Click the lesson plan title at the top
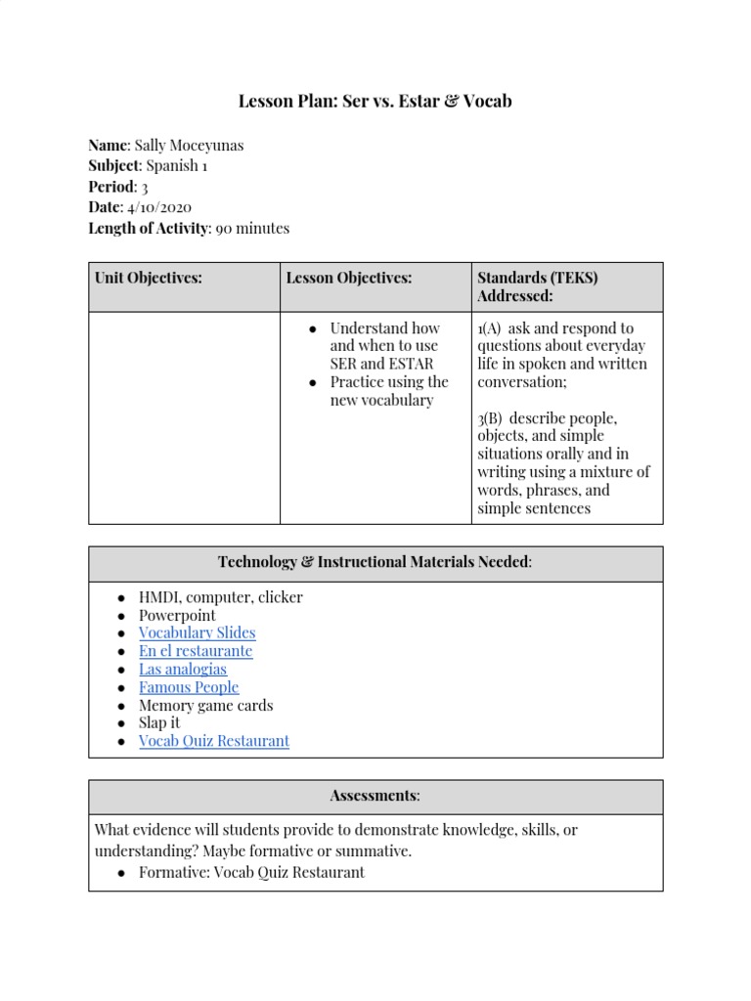coord(375,102)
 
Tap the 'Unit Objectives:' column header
coord(149,278)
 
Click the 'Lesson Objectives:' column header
coord(349,278)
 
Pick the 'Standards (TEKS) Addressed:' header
coord(537,286)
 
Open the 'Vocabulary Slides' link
coord(197,632)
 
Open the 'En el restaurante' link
coord(196,651)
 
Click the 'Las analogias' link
coord(183,670)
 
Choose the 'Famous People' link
coord(189,687)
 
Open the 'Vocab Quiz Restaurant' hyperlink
coord(214,741)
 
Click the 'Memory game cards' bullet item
coord(205,706)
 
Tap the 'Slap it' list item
coord(159,723)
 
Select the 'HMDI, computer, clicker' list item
coord(221,597)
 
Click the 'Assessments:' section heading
coord(375,796)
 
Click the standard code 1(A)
coord(489,328)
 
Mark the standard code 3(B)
coord(490,418)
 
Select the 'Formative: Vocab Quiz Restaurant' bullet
coord(251,872)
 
